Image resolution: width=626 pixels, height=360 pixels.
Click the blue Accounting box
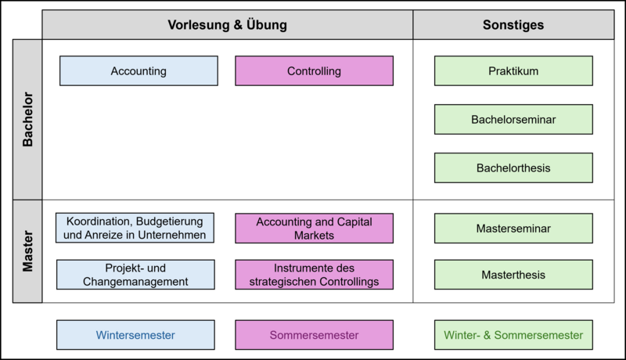click(139, 70)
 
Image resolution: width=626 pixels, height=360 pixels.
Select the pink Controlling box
click(315, 70)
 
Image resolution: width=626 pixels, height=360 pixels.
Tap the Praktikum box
click(513, 70)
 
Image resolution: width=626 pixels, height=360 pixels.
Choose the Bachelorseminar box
click(513, 119)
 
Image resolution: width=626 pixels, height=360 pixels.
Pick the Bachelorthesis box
click(513, 168)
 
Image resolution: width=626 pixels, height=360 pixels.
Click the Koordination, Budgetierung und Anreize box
click(135, 228)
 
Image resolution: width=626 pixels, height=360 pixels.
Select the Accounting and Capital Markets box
click(315, 229)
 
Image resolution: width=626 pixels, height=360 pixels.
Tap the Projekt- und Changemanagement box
click(135, 275)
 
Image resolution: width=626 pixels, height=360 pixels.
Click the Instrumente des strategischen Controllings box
click(315, 275)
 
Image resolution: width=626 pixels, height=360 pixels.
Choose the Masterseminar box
click(513, 229)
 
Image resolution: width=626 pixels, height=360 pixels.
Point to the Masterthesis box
click(513, 275)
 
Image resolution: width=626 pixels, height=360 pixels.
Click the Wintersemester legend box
click(135, 335)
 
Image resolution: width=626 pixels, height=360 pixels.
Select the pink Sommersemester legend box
click(315, 335)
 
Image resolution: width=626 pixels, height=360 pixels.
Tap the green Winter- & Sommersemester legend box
click(513, 335)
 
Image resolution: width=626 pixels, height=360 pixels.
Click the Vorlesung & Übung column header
click(228, 25)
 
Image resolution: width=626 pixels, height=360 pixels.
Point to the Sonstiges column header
click(513, 25)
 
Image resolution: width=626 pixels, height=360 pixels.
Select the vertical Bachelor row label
click(27, 119)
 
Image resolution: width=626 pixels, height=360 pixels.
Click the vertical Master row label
click(27, 251)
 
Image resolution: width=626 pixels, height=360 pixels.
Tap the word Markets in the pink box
click(315, 236)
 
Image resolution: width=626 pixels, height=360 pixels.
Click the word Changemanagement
click(135, 282)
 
